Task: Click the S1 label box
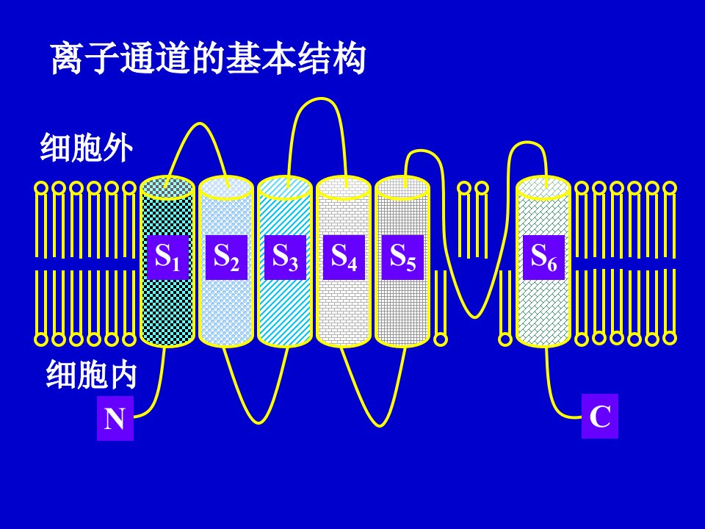point(167,257)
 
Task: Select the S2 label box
point(226,257)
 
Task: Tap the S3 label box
point(285,257)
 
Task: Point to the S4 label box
point(344,257)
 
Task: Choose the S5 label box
point(403,257)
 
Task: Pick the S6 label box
point(543,257)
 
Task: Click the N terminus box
point(115,418)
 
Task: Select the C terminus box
point(600,416)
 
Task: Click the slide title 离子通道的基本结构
point(208,59)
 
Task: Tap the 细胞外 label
point(87,148)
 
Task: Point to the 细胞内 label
point(91,374)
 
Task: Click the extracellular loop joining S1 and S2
point(199,123)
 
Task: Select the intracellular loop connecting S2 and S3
point(258,422)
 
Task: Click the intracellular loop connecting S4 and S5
point(379,424)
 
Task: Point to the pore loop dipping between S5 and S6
point(475,317)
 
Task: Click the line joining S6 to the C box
point(552,396)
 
